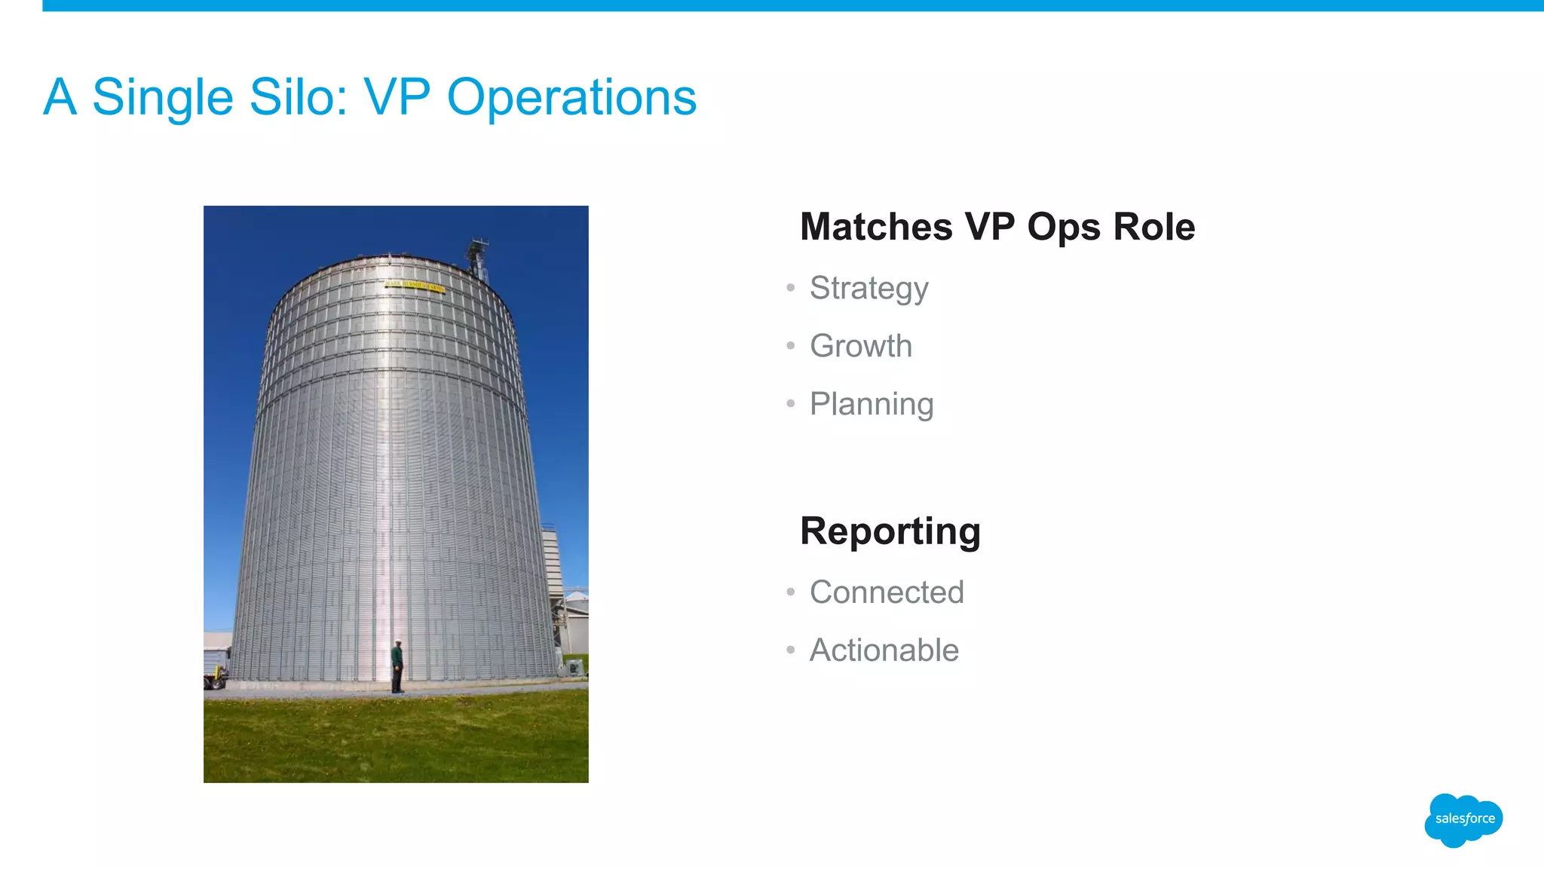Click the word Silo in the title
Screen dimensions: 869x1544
(x=296, y=98)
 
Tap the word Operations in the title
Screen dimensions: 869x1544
(x=571, y=98)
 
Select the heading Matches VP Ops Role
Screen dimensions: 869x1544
(x=997, y=227)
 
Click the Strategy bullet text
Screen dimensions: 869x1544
(x=868, y=289)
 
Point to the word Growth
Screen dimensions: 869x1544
(x=860, y=346)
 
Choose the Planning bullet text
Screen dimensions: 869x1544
(x=871, y=405)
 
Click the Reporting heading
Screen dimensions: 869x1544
(x=890, y=531)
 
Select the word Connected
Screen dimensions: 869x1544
(x=886, y=592)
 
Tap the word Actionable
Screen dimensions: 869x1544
(x=884, y=650)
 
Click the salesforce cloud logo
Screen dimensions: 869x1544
(x=1463, y=819)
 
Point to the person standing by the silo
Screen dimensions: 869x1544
(x=397, y=666)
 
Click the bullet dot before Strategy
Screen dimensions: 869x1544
(x=790, y=288)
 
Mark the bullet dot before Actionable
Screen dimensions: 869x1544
(x=790, y=650)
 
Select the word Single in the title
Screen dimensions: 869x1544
(x=163, y=98)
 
